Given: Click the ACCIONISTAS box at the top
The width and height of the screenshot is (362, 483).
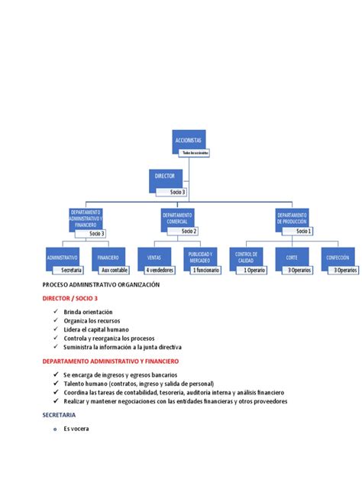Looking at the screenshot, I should tap(190, 141).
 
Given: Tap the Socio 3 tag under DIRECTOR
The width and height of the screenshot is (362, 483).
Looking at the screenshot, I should tap(178, 192).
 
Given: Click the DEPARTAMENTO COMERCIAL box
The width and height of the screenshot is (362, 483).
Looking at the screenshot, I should tap(177, 219).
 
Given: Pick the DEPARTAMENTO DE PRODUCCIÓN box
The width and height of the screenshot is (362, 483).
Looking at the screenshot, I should tap(292, 219).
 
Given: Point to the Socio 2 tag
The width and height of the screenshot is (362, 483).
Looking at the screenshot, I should tap(189, 231).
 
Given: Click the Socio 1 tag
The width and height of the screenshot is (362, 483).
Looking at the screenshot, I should tap(304, 231).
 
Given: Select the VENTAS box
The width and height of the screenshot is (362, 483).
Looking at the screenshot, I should tap(154, 258).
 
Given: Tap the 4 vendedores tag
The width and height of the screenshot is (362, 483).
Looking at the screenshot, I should tap(161, 270).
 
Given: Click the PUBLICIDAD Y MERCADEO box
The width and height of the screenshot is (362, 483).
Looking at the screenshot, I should tap(201, 258).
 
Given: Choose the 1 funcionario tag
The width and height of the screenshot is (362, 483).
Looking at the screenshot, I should tap(205, 270).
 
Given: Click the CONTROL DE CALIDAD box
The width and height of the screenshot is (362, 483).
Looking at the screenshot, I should tap(246, 258).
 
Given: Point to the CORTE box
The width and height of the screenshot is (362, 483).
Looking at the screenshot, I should tap(292, 258).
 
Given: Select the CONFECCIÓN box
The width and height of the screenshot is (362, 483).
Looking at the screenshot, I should tap(337, 258).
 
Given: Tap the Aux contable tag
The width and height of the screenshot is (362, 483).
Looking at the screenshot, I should tap(115, 270).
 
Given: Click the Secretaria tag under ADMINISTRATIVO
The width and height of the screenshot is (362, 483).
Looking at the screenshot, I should tap(71, 270).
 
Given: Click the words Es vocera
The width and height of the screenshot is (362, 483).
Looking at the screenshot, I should tap(76, 428).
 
